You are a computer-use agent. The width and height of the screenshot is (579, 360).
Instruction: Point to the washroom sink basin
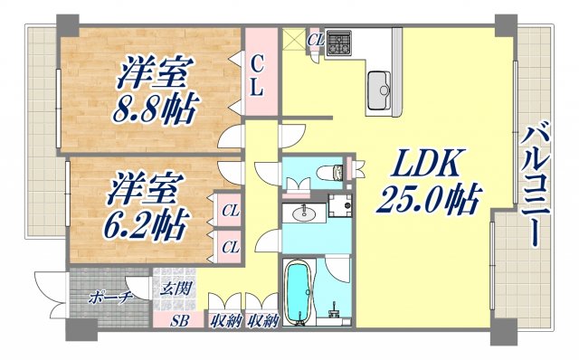(x=301, y=214)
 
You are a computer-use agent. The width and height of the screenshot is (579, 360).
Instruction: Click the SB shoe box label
(x=177, y=319)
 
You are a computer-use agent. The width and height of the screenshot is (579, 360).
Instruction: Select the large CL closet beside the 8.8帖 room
(x=257, y=76)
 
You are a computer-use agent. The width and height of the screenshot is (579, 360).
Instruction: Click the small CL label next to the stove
(x=316, y=39)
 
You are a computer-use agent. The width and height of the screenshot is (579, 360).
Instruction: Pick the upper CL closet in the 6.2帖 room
(x=231, y=213)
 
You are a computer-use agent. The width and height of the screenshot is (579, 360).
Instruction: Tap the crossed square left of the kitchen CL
(x=294, y=41)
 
